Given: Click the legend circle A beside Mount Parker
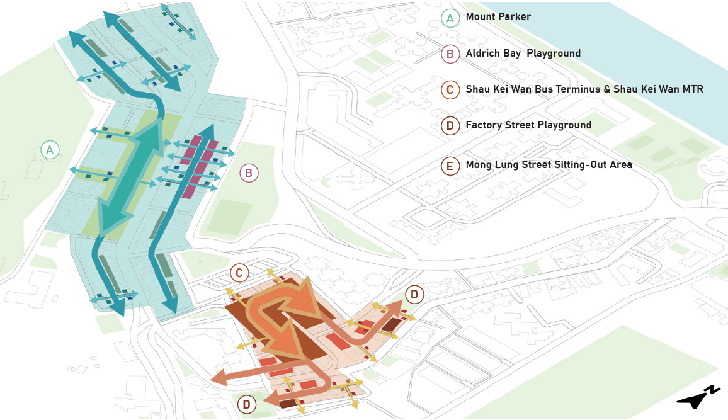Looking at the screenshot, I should pos(450,18).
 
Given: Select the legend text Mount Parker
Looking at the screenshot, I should pos(498,17).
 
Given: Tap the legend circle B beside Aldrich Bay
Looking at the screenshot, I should pos(450,54).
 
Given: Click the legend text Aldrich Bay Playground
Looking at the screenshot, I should pos(523,54).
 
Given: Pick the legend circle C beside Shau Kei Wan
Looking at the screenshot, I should pos(450,90).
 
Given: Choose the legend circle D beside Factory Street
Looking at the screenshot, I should pos(450,126).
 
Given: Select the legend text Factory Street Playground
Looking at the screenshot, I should pos(528,125).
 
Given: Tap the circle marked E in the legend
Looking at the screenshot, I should pos(450,166).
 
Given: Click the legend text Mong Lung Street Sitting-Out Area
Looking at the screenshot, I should pos(549,166).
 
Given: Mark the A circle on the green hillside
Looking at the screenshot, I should pos(49,150).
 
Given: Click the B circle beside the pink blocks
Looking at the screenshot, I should pos(249,173).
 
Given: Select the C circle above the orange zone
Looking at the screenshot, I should pos(239,273).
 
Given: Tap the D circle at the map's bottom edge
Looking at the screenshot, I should pos(247,404).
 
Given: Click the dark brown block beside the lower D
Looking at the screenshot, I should pos(288,404).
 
